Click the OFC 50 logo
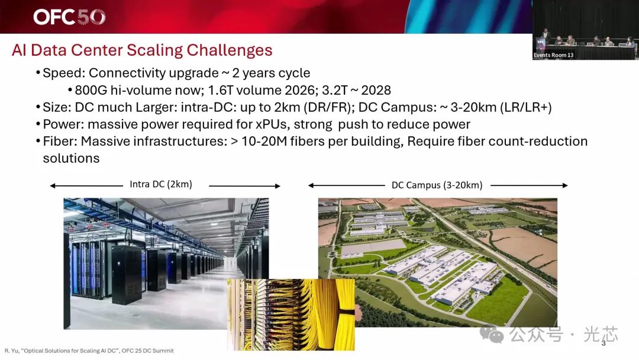click(69, 17)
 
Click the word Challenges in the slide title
click(230, 50)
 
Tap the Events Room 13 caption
click(553, 55)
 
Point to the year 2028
click(376, 90)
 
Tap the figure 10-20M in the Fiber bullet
click(264, 142)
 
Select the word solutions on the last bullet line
click(72, 158)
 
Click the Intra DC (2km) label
click(161, 184)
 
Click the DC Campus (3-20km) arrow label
click(437, 185)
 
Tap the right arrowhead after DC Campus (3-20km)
click(565, 185)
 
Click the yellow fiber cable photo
click(291, 314)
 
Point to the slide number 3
click(603, 343)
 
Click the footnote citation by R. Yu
click(89, 351)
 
